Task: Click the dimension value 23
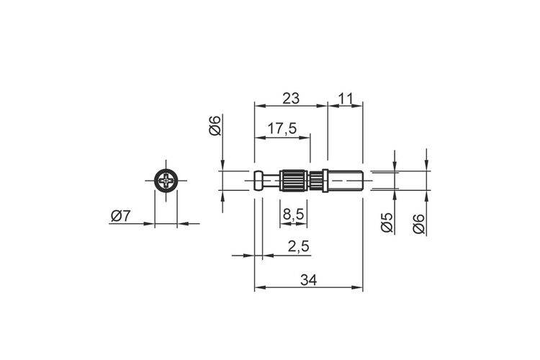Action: tap(291, 99)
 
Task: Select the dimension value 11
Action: tap(346, 99)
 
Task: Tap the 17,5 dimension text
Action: tap(282, 128)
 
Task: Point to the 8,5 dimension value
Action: tap(294, 215)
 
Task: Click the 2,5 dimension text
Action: tap(298, 247)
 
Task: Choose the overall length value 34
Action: tap(309, 280)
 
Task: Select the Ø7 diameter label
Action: tap(120, 216)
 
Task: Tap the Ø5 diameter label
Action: tap(387, 222)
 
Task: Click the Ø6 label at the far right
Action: tap(419, 224)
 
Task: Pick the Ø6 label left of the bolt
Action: tap(215, 126)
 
